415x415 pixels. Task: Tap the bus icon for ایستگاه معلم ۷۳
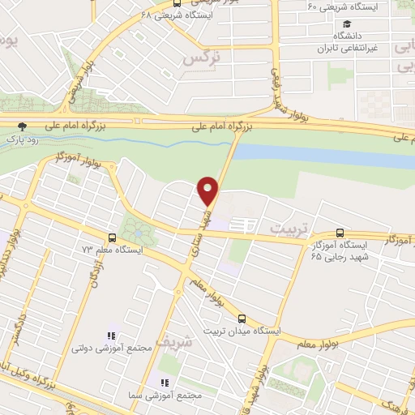tap(112, 237)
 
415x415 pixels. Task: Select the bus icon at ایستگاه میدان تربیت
tap(242, 319)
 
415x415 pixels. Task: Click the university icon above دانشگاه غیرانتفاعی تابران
tap(347, 25)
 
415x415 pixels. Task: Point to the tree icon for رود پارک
tap(22, 126)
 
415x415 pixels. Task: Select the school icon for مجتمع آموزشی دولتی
tap(112, 335)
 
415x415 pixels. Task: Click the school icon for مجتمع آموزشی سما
tap(164, 383)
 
